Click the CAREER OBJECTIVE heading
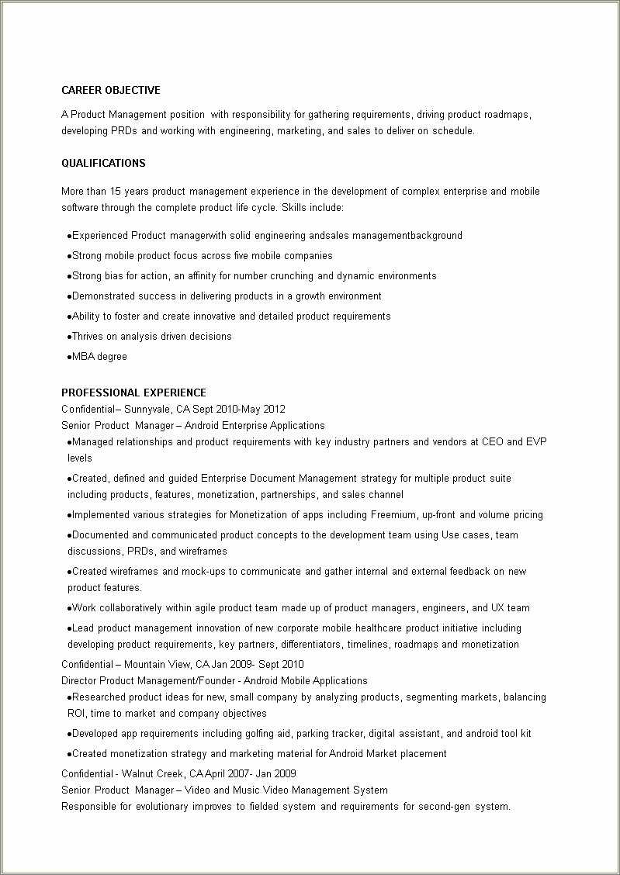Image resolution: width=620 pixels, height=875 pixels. pos(111,91)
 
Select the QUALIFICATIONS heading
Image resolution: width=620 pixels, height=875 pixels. pos(103,164)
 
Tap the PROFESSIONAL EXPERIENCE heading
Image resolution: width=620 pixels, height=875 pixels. pos(133,393)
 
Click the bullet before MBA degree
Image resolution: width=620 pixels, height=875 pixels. pos(70,357)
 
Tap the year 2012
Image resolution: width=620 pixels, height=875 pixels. pos(274,409)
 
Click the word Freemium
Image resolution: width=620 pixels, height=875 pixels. pos(393,515)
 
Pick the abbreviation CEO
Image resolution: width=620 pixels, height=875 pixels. pos(492,442)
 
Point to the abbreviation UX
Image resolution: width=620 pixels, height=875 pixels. pos(500,608)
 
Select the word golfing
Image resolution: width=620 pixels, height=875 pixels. pos(272,734)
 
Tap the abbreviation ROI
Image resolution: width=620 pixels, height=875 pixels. pos(76,714)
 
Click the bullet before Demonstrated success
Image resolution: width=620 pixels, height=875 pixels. pos(70,296)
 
